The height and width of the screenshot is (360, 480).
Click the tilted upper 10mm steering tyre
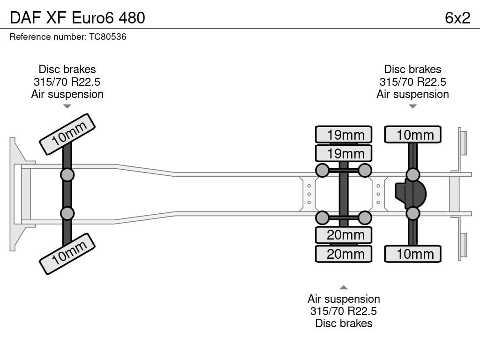point(67,135)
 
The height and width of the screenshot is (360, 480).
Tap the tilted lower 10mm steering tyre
point(67,254)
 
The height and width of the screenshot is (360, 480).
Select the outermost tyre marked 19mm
point(344,135)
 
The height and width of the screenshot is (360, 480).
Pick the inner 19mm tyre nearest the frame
point(344,153)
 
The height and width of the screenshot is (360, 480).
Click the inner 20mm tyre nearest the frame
point(344,235)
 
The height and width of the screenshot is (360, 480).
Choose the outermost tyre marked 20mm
point(344,254)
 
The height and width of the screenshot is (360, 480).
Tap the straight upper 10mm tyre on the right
point(412,135)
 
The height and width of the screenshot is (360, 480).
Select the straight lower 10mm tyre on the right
point(412,254)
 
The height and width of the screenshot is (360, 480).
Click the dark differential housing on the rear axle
point(411,194)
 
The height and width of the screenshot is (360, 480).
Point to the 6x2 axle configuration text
point(457,18)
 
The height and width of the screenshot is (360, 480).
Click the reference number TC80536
point(107,37)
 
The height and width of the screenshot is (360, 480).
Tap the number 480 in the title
point(132,18)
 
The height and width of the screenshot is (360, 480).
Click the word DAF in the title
point(25,18)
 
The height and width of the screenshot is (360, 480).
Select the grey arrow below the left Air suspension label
point(67,106)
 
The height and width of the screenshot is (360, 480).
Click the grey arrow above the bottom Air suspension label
point(344,287)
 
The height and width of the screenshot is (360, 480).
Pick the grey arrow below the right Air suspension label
point(412,106)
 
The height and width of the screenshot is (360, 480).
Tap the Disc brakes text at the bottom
point(344,323)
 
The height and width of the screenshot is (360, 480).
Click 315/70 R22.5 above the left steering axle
point(67,82)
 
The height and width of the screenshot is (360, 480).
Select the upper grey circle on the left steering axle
point(67,175)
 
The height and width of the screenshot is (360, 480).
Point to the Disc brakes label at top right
point(412,69)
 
